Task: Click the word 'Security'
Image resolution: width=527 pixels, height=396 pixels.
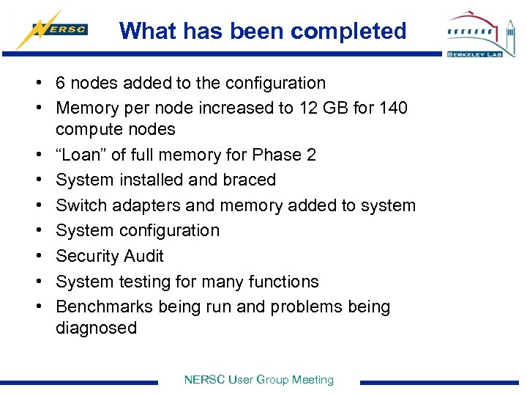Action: click(x=87, y=256)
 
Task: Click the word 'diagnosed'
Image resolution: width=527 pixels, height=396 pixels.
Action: click(x=96, y=328)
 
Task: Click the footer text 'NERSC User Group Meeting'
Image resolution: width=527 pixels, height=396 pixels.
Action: click(x=258, y=380)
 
